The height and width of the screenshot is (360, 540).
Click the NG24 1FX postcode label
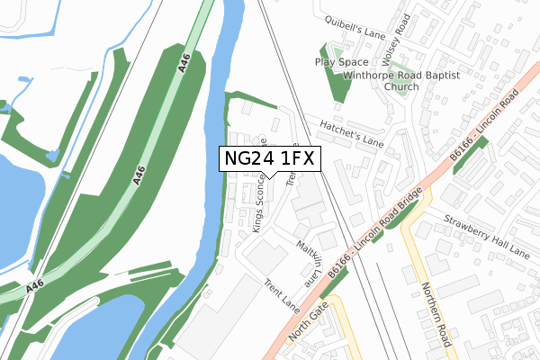click(x=269, y=159)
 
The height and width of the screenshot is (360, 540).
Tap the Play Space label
click(x=341, y=62)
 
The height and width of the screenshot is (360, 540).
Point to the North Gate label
click(x=309, y=323)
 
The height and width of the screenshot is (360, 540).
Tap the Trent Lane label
click(x=282, y=294)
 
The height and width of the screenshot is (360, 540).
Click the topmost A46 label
click(x=184, y=62)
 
